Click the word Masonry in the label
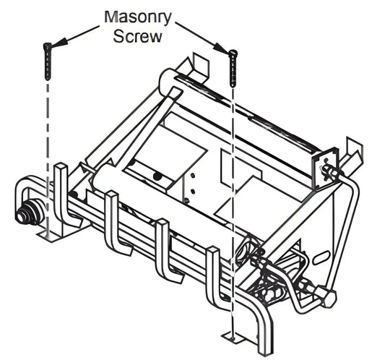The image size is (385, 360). (x=137, y=17)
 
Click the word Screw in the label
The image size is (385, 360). (x=137, y=37)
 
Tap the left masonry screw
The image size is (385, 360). (x=48, y=61)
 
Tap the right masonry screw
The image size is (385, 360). (x=233, y=67)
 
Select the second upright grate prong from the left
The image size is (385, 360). (x=116, y=221)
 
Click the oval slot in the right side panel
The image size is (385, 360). (x=322, y=258)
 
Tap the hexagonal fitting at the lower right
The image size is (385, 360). (x=326, y=296)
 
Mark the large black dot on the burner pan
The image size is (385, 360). (x=157, y=176)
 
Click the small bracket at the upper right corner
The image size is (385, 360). (x=325, y=170)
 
